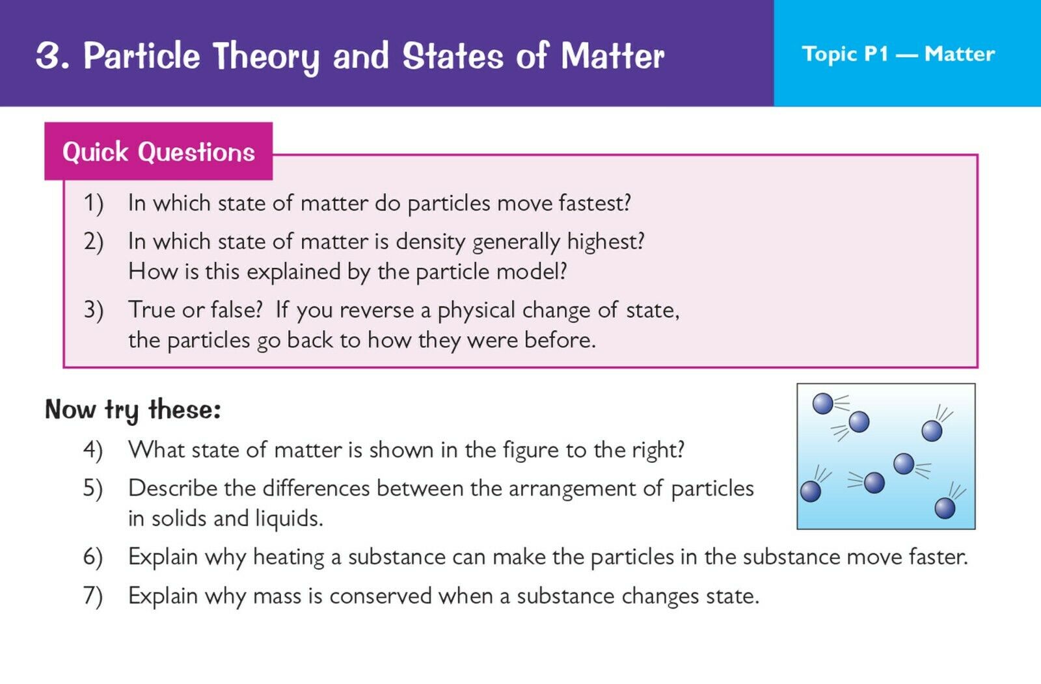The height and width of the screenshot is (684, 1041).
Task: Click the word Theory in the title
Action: tap(266, 57)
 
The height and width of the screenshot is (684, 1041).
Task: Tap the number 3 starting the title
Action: tap(49, 56)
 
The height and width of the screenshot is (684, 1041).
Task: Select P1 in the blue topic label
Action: tap(876, 54)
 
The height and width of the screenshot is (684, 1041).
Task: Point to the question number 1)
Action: tap(94, 204)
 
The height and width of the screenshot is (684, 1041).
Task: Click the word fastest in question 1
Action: tap(595, 203)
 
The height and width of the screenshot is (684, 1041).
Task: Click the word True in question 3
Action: tap(152, 309)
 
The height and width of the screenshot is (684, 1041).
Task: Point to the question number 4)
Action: tap(93, 450)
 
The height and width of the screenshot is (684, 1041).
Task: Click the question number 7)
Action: tap(93, 596)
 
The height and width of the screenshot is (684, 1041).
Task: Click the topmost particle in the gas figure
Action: tap(822, 404)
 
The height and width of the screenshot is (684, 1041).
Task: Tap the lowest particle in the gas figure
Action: tap(945, 508)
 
